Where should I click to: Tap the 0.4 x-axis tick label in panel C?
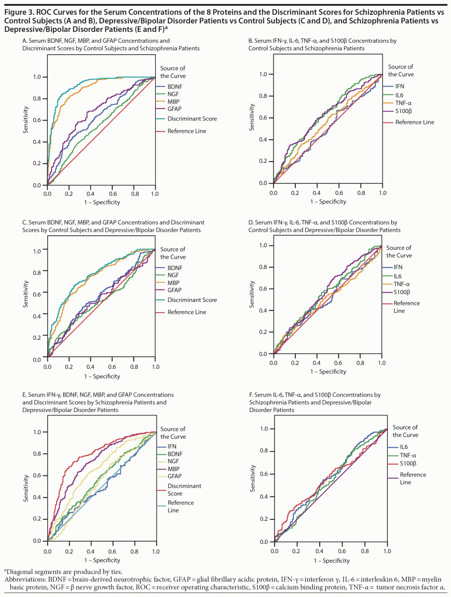[90, 367]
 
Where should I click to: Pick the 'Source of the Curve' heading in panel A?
[173, 72]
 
